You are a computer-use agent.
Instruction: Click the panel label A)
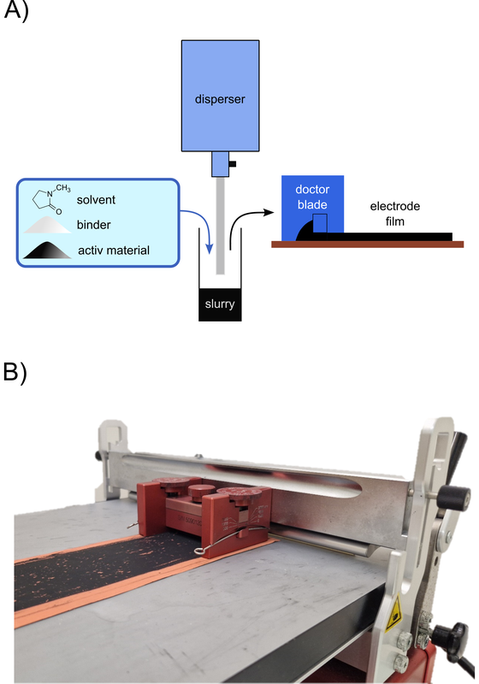point(19,15)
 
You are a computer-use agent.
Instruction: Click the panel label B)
point(19,372)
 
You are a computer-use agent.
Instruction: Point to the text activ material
point(127,251)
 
